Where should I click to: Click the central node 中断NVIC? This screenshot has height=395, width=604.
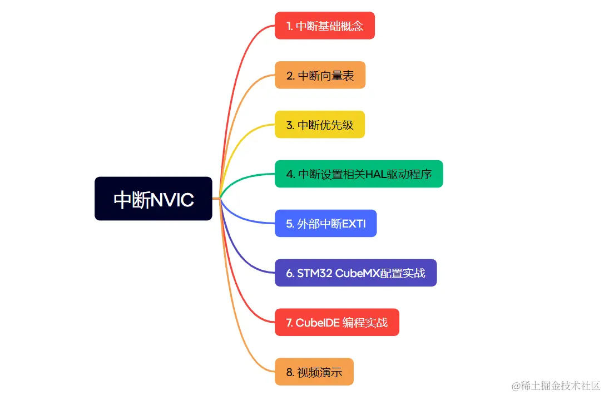tap(153, 199)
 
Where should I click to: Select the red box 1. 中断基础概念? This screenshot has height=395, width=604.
tap(324, 26)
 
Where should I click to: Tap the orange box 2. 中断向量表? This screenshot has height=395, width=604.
tap(320, 75)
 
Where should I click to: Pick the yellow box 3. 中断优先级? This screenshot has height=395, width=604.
tap(319, 125)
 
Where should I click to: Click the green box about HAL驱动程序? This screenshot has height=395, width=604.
tap(359, 174)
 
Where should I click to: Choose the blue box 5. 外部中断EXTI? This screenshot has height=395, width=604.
tap(325, 224)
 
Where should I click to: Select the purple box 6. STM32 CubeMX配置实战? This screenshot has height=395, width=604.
tap(355, 273)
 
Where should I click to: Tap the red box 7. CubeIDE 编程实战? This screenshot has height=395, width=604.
tap(336, 323)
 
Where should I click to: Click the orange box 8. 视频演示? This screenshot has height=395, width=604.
tap(314, 372)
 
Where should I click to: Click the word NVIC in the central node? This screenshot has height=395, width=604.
tap(172, 199)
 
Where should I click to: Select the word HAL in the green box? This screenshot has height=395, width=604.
tap(377, 174)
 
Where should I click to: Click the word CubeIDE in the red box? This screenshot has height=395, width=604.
tap(317, 323)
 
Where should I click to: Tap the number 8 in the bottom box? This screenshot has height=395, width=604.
tap(289, 372)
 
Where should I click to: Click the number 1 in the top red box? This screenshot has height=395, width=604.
tap(288, 26)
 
